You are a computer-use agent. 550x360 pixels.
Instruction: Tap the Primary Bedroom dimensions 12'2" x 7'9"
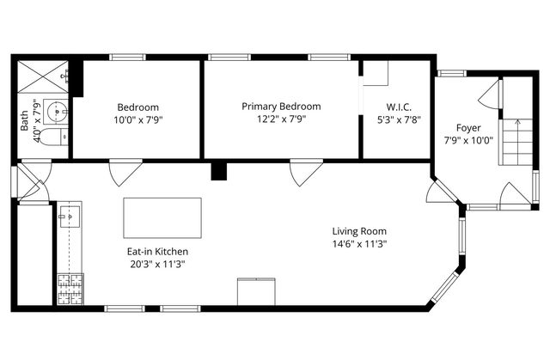(281, 119)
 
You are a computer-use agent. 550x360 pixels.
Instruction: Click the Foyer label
(468, 127)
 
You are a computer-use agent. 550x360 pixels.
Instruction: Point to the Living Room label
(359, 231)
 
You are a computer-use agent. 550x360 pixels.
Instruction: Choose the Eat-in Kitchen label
(152, 252)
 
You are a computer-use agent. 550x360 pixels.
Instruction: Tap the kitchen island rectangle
(162, 218)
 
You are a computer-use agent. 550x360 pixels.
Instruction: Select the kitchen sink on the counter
(68, 218)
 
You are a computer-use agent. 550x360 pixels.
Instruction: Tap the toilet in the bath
(52, 137)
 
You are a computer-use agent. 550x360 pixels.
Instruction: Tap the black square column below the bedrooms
(219, 170)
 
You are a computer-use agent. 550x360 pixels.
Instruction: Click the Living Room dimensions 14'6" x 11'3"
(359, 244)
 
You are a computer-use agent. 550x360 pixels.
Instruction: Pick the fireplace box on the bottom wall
(256, 291)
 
